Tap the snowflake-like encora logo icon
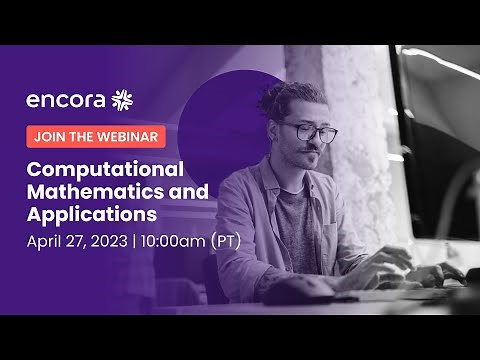[x=122, y=99]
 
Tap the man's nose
[x=316, y=143]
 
